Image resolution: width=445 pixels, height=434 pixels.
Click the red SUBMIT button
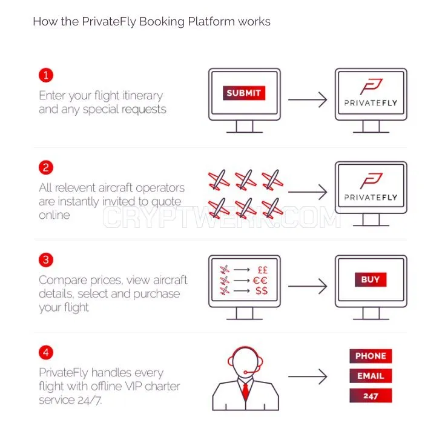pyautogui.click(x=244, y=93)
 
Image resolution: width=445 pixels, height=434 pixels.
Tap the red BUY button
pyautogui.click(x=371, y=279)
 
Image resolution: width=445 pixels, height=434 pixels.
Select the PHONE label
pyautogui.click(x=371, y=356)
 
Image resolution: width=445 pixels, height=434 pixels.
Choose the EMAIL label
pyautogui.click(x=371, y=376)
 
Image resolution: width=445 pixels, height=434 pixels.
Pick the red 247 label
pyautogui.click(x=371, y=396)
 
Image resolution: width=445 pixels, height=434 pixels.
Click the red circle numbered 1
pyautogui.click(x=46, y=75)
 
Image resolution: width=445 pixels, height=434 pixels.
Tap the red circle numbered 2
pyautogui.click(x=46, y=168)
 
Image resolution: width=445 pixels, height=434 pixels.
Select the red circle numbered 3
pyautogui.click(x=46, y=260)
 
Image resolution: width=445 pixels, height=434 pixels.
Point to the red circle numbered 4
pyautogui.click(x=46, y=352)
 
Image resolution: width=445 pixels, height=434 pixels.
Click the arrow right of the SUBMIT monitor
pyautogui.click(x=308, y=99)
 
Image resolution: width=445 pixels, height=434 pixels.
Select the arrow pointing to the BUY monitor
pyautogui.click(x=308, y=286)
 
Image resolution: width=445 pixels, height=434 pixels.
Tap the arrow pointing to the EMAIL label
pyautogui.click(x=308, y=376)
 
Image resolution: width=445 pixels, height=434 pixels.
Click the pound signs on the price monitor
pyautogui.click(x=263, y=270)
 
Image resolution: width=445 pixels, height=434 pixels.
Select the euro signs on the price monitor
pyautogui.click(x=260, y=280)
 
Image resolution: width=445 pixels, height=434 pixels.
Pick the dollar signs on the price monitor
pyautogui.click(x=262, y=290)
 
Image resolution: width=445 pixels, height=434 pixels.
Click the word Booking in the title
pyautogui.click(x=162, y=22)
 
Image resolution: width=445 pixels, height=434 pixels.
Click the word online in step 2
pyautogui.click(x=54, y=215)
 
